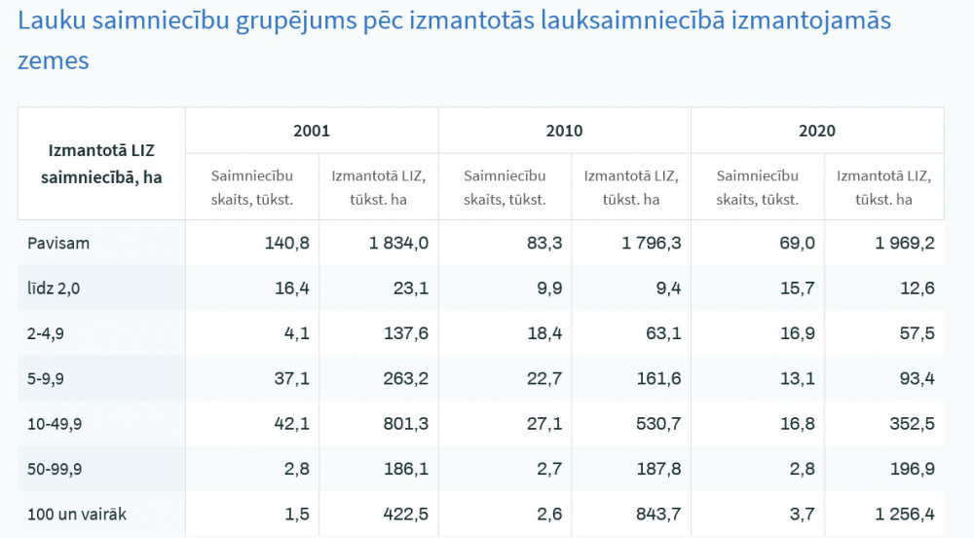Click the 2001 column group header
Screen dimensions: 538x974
click(x=312, y=131)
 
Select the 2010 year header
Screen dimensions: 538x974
click(x=564, y=131)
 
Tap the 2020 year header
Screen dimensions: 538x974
click(x=816, y=131)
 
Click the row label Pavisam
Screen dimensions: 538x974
click(x=58, y=244)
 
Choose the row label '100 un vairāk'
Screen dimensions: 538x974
click(x=75, y=514)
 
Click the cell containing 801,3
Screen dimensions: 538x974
click(x=405, y=424)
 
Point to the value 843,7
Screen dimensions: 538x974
click(x=657, y=514)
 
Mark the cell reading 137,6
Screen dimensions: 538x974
click(x=405, y=333)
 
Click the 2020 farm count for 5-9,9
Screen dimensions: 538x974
click(x=797, y=379)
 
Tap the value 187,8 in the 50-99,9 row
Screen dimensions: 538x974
click(x=657, y=469)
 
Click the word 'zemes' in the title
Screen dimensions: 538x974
click(x=53, y=60)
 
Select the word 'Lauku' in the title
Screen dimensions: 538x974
click(x=50, y=20)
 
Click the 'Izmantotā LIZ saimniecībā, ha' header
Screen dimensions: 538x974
click(x=101, y=164)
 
